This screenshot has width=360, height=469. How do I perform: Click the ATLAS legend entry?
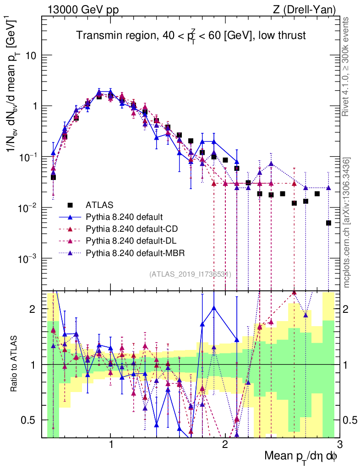click(x=98, y=205)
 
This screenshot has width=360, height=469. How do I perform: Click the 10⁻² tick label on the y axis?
click(x=28, y=207)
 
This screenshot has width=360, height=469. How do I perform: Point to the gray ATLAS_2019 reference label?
click(x=190, y=274)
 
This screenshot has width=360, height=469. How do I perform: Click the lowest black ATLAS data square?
click(x=328, y=223)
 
